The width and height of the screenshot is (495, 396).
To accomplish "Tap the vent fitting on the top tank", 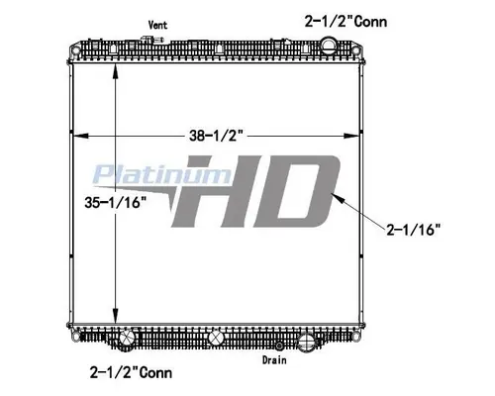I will click(152, 41).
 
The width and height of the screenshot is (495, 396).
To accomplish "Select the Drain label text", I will click(274, 360).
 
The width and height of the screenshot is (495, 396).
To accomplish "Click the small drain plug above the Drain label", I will click(281, 346).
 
